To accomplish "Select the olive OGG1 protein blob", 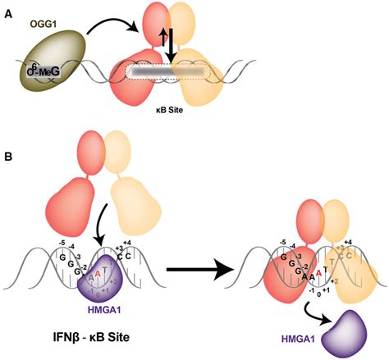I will coord(45,65).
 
